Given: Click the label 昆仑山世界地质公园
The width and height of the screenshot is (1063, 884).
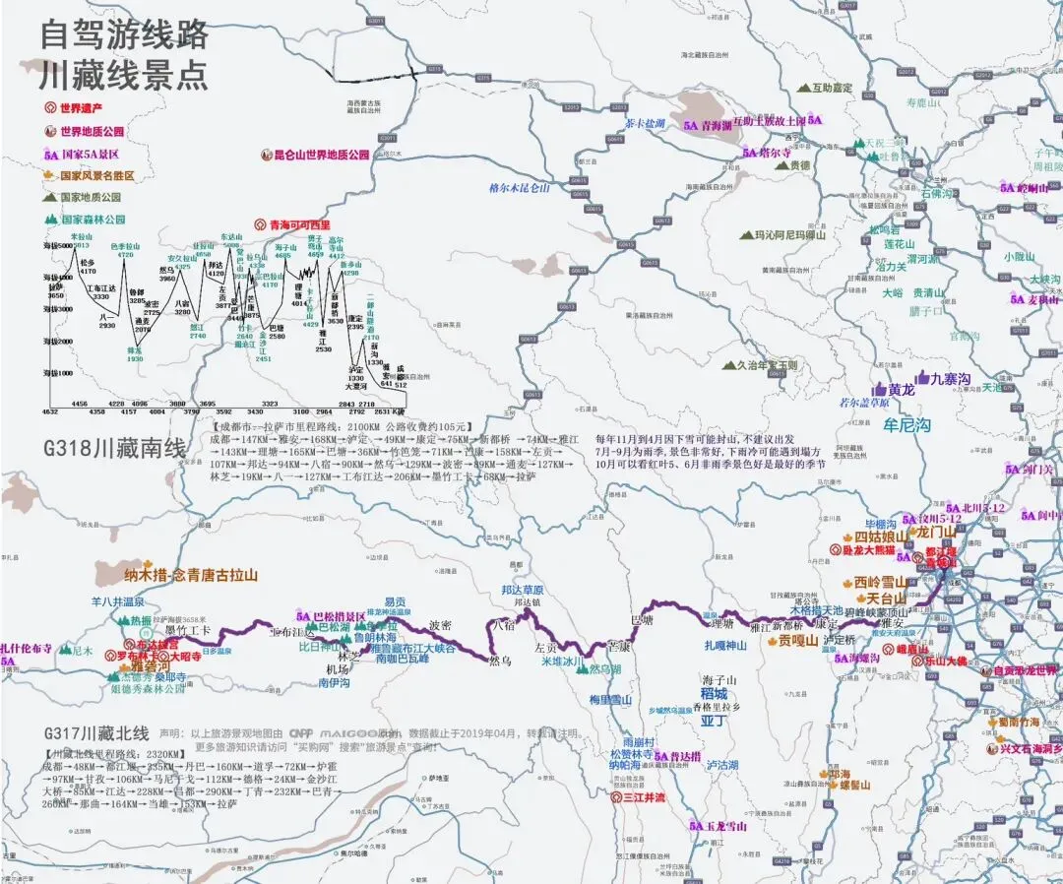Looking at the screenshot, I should [321, 155].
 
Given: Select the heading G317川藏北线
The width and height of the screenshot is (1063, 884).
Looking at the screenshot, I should [96, 733].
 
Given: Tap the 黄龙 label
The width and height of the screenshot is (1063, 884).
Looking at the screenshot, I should [901, 390].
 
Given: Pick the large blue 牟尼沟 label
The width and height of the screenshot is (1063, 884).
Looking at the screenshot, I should [907, 425].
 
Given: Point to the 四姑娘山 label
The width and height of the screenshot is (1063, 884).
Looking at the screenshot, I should [880, 537].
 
